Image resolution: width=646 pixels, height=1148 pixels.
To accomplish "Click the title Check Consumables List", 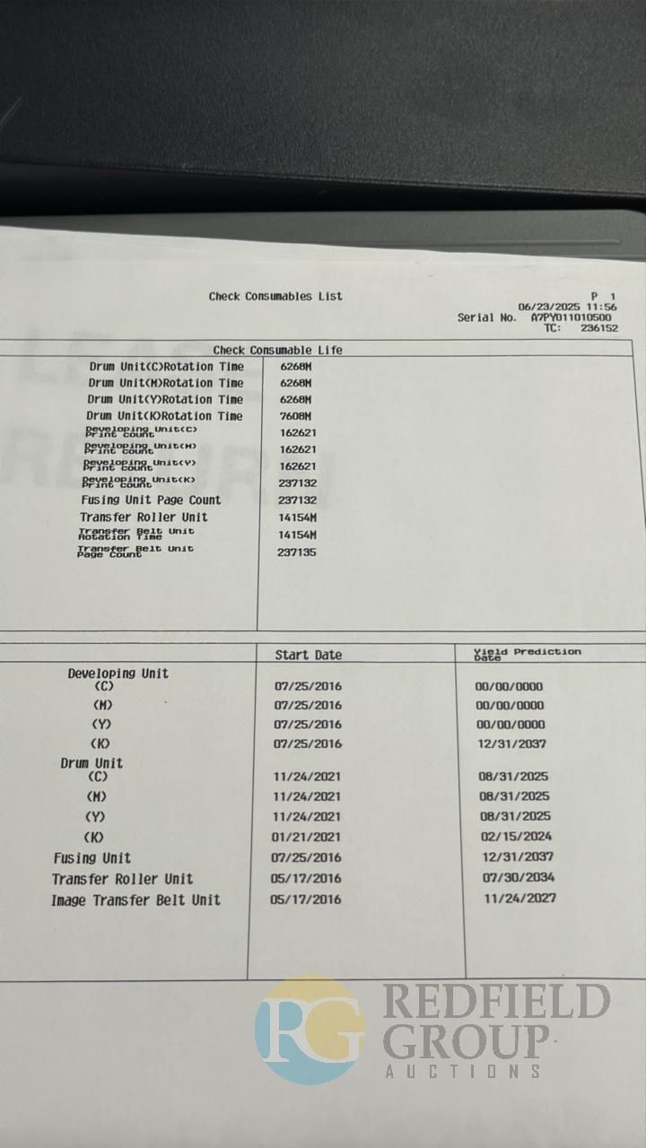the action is pos(275,296).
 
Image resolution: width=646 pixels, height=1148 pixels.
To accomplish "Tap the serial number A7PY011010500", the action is pos(572,317).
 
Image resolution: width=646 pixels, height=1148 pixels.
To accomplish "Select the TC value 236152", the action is pos(599,328).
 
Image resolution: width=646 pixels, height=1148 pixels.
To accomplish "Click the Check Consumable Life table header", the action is pos(277,350).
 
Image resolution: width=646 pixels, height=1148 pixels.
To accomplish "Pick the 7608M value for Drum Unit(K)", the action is pos(294,416).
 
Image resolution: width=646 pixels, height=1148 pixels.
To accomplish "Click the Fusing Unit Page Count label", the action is pos(151,500).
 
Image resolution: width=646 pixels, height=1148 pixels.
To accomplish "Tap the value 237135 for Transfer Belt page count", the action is pos(296,552).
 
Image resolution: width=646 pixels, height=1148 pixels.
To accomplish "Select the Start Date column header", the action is pos(308,655).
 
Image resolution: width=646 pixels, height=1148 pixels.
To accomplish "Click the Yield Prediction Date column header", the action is pos(527,654).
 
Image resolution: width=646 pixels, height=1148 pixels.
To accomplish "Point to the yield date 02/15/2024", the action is pos(515,836).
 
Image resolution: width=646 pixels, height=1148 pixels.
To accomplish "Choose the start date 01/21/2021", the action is pos(307,837).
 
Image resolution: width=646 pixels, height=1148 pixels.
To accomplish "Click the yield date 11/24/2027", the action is pos(519,898).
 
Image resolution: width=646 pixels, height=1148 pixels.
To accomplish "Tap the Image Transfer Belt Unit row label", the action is pos(135,900).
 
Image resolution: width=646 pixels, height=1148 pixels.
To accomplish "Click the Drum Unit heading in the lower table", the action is pos(92,763).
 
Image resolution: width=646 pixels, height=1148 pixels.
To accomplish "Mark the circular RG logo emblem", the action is pos(310,1030).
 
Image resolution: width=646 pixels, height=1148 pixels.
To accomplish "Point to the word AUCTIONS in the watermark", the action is pos(463,1071).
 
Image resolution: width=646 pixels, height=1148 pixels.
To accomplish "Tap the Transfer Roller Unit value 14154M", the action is pos(297,517).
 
